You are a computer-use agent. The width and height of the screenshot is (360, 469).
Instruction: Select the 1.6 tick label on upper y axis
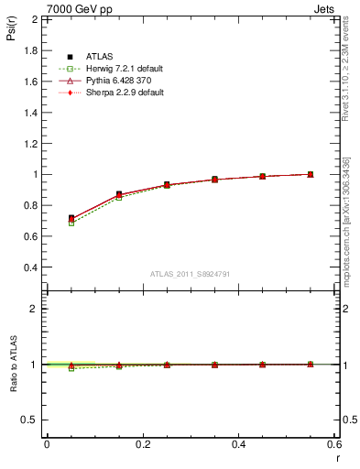30,81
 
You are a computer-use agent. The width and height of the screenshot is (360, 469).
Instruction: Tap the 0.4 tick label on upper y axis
30,267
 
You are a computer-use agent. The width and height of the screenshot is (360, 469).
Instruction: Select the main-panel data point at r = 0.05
71,218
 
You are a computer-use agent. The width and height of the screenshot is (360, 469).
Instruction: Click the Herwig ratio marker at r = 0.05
71,368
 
